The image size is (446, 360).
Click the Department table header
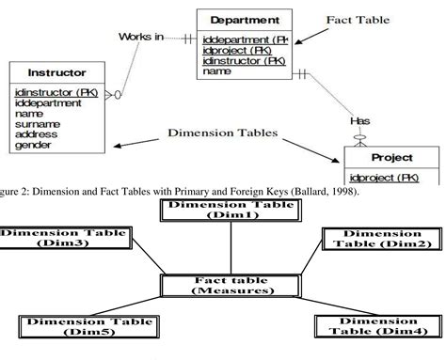(245, 19)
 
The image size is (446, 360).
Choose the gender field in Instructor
(34, 146)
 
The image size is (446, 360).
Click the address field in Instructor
(36, 135)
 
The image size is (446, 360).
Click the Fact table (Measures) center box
(223, 284)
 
